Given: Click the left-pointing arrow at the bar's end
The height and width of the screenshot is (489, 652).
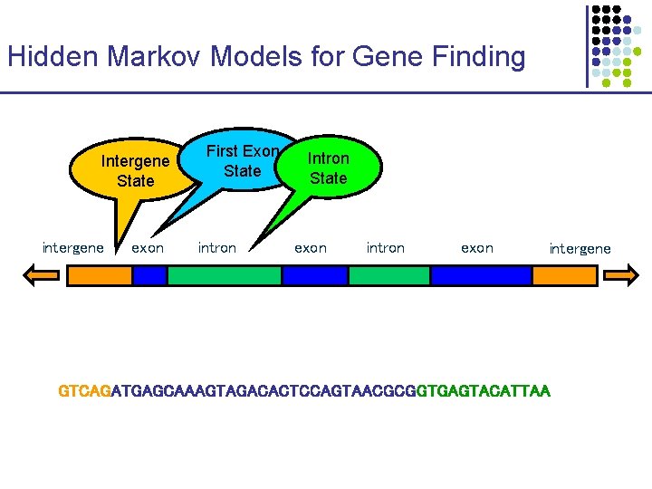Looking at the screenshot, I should [x=42, y=275].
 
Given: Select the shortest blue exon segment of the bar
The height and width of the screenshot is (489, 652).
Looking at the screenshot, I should [x=149, y=275].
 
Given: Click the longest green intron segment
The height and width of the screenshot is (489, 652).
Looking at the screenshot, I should [x=224, y=275].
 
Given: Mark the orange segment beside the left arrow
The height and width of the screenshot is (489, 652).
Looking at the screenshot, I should [x=100, y=275].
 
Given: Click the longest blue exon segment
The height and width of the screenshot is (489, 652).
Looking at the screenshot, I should [x=481, y=275].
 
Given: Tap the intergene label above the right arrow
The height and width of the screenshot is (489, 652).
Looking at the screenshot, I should [x=580, y=248].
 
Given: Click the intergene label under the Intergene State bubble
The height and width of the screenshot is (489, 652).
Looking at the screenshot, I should [x=72, y=247].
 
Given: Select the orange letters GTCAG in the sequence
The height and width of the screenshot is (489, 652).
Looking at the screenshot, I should [x=83, y=391].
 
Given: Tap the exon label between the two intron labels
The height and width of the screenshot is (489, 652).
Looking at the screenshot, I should [x=311, y=247].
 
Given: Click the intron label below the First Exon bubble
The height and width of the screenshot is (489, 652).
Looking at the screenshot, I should [x=217, y=247].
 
